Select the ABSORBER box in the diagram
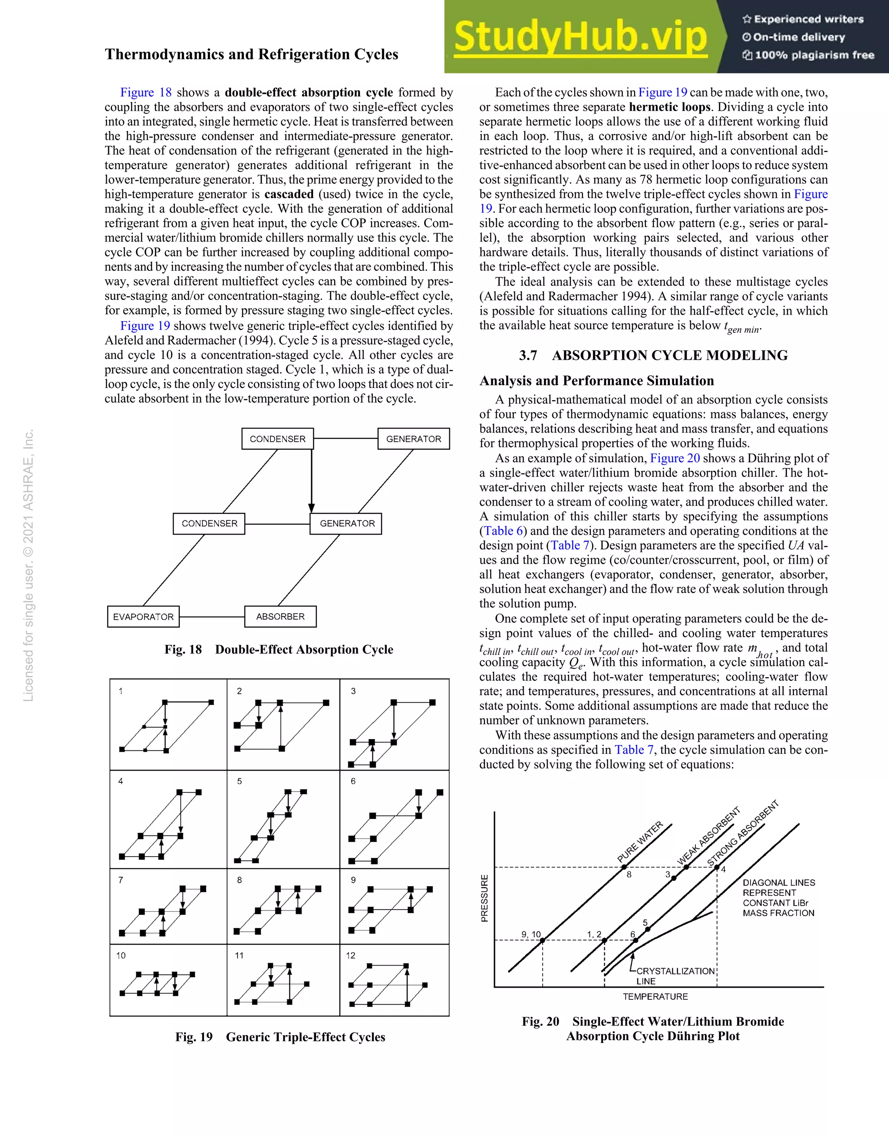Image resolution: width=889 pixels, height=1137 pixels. pos(280,616)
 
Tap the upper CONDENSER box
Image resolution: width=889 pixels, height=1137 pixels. pos(277,439)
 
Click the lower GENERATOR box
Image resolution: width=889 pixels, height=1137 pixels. pos(347,523)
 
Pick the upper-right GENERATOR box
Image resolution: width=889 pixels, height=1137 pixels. pos(414,439)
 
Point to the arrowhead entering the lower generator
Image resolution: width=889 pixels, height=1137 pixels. pos(311,509)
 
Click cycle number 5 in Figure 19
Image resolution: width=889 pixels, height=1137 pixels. pos(240,781)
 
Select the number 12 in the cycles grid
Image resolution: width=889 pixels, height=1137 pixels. pos(350,955)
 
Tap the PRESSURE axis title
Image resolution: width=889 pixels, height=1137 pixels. pos(485,898)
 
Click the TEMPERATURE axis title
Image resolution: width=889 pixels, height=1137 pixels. pos(655,996)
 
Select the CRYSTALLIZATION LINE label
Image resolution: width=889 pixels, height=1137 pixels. pos(675,976)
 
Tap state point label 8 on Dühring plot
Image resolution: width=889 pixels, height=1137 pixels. pos(629,874)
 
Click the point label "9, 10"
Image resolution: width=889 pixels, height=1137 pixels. pos(531,934)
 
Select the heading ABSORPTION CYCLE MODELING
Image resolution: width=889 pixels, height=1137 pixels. pos(670,355)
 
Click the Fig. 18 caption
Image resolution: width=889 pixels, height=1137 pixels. pos(279,649)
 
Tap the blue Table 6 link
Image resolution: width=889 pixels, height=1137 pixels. pos(504,531)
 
